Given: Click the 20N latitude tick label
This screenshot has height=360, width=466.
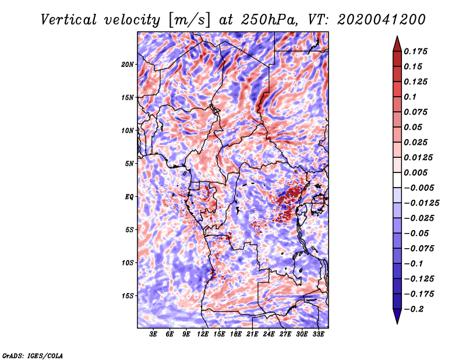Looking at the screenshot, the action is click(x=128, y=65).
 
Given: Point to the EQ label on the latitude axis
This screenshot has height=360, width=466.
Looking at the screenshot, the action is click(x=129, y=197).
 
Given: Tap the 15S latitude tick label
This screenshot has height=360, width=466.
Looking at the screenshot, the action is click(x=128, y=296).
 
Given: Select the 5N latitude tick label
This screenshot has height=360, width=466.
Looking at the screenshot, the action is click(x=129, y=164).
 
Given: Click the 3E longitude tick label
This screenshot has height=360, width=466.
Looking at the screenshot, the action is click(x=153, y=334).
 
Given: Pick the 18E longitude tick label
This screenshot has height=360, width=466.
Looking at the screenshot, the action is click(x=236, y=334).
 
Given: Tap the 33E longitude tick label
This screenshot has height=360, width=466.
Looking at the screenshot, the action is click(x=318, y=334).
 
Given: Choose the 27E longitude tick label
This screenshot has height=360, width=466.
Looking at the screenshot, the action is click(x=285, y=334).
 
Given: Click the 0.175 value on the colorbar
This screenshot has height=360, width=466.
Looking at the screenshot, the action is click(x=415, y=51).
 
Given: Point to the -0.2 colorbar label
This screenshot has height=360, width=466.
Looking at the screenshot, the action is click(x=414, y=309).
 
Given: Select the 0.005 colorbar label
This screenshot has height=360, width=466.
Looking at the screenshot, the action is click(x=415, y=172).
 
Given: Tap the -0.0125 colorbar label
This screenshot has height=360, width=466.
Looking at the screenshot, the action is click(x=421, y=203).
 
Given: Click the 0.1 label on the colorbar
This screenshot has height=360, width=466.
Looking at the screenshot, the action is click(x=410, y=97).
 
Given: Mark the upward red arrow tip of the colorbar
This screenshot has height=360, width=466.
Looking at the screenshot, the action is click(x=397, y=36).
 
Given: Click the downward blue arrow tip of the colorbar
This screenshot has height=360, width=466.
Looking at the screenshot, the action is click(x=397, y=323).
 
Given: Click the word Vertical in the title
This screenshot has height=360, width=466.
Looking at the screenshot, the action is click(x=69, y=20).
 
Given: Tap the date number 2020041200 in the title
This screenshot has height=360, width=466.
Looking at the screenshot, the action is click(x=382, y=20).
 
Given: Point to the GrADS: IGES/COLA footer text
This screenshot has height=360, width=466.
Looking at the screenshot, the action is click(x=33, y=356).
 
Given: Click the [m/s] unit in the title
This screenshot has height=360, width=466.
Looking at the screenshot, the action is click(x=190, y=20).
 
